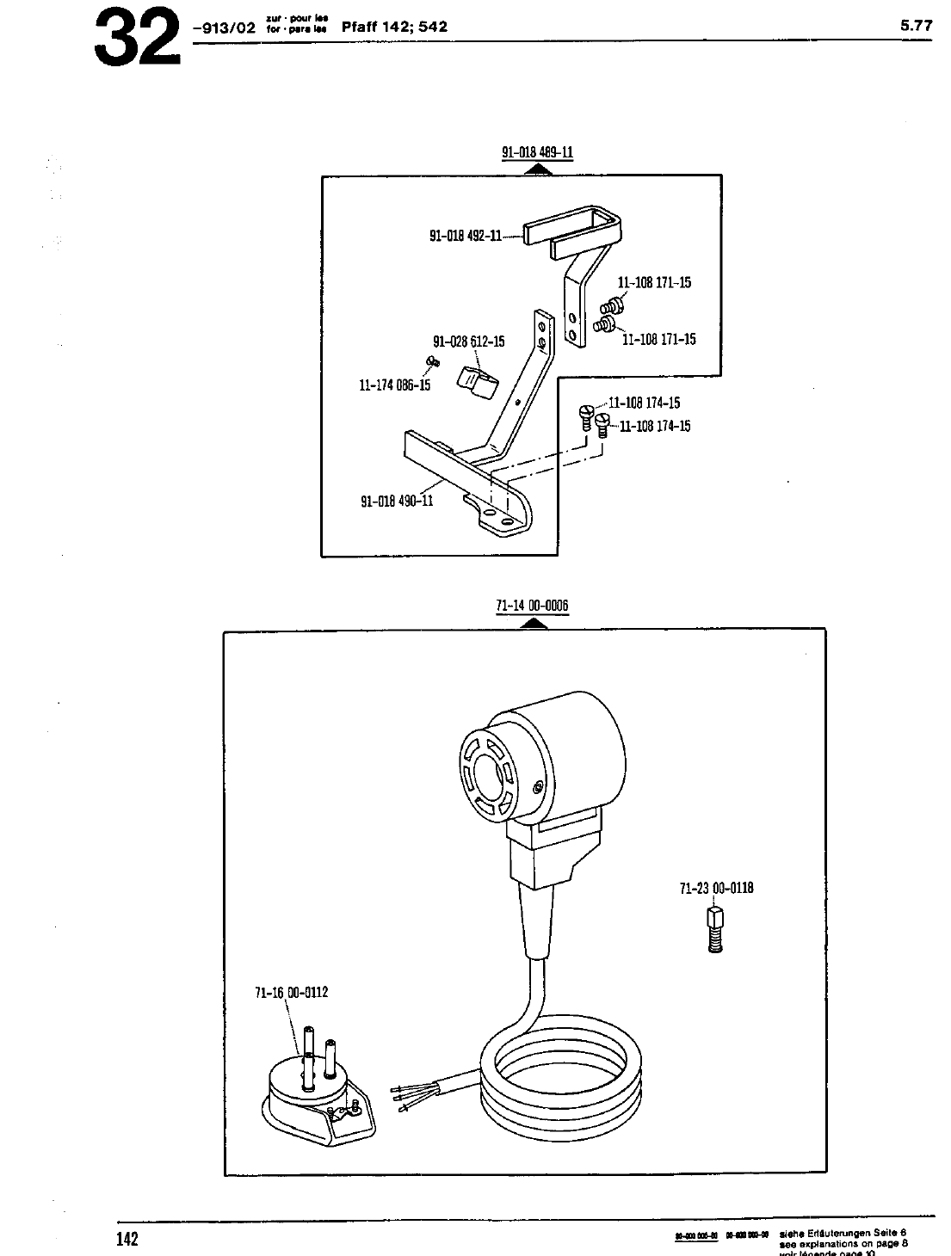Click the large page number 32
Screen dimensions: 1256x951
(137, 39)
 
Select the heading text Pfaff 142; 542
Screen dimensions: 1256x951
(394, 27)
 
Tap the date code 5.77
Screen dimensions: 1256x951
(916, 26)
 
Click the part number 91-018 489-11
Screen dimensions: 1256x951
(537, 153)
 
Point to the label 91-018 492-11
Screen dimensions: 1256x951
(465, 235)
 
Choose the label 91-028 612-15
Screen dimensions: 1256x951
(468, 342)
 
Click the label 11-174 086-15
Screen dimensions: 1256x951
(394, 385)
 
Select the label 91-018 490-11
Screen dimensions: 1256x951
(396, 501)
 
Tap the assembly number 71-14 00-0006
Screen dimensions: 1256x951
(532, 606)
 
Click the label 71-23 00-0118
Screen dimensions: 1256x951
(716, 888)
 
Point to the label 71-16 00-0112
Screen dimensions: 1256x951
(291, 992)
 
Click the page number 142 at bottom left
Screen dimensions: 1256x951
(127, 1239)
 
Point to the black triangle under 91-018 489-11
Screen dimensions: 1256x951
(537, 170)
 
